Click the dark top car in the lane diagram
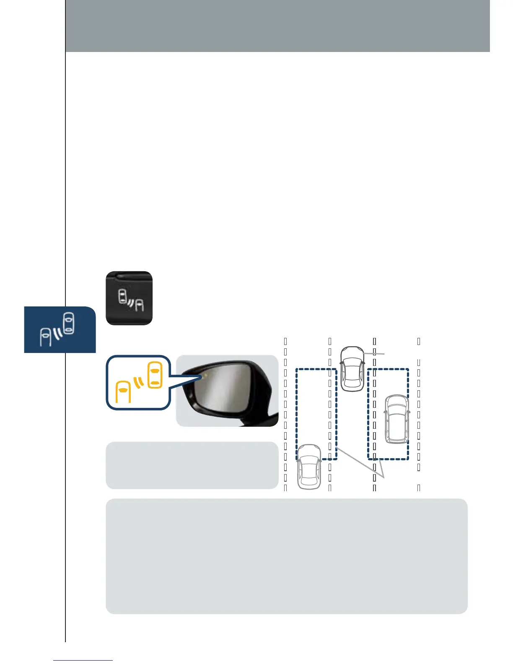pos(352,368)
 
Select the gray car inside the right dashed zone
pos(396,419)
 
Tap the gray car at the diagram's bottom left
pos(309,467)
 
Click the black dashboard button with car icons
pos(129,298)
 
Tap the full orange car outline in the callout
pos(155,374)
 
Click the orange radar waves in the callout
pos(139,382)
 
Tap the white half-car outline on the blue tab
pos(45,337)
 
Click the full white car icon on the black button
pos(122,296)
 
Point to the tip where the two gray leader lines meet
pos(383,477)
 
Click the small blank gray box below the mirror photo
pos(192,465)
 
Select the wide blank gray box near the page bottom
pos(286,556)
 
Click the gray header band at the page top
pos(277,26)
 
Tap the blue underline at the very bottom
pos(83,660)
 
